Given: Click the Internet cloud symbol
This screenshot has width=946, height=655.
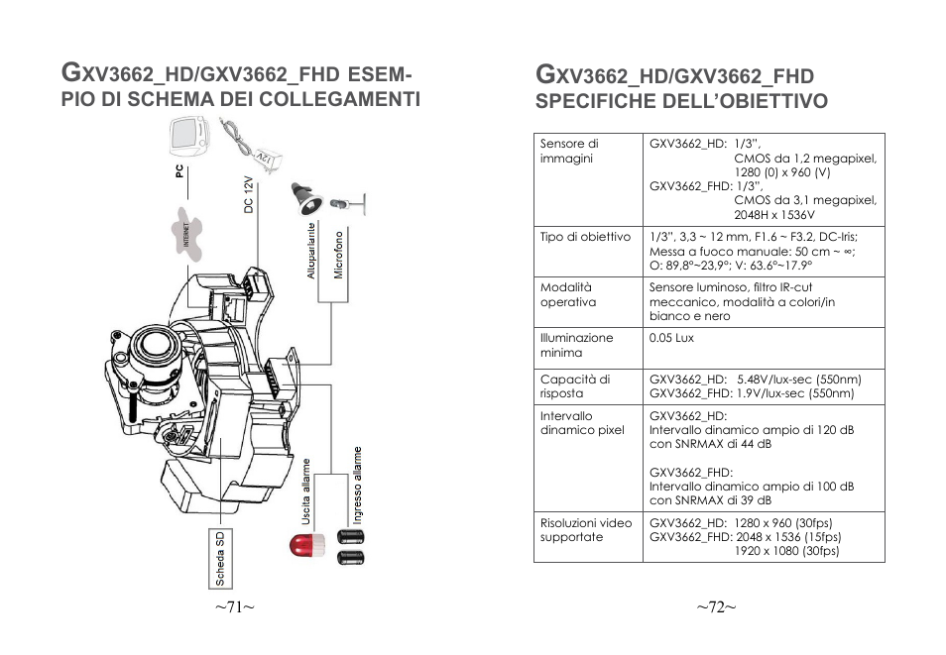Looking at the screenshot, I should [191, 229].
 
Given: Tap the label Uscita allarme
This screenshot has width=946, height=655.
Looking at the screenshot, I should [307, 491].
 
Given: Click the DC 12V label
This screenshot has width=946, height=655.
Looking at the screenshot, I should [249, 195].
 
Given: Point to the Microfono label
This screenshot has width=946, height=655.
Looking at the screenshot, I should [338, 255].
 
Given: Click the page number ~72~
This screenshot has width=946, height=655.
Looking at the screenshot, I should [715, 607].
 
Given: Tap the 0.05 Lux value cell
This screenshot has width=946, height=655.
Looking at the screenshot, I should [670, 338].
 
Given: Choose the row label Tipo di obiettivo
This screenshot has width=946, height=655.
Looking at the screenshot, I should [585, 237].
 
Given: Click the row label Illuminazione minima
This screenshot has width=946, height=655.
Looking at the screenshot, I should [576, 345].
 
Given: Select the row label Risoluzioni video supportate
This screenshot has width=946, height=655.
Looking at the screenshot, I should [585, 530].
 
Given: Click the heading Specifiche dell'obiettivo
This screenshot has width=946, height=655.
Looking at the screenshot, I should [681, 101].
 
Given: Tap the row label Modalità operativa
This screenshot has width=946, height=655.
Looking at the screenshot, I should [568, 294].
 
